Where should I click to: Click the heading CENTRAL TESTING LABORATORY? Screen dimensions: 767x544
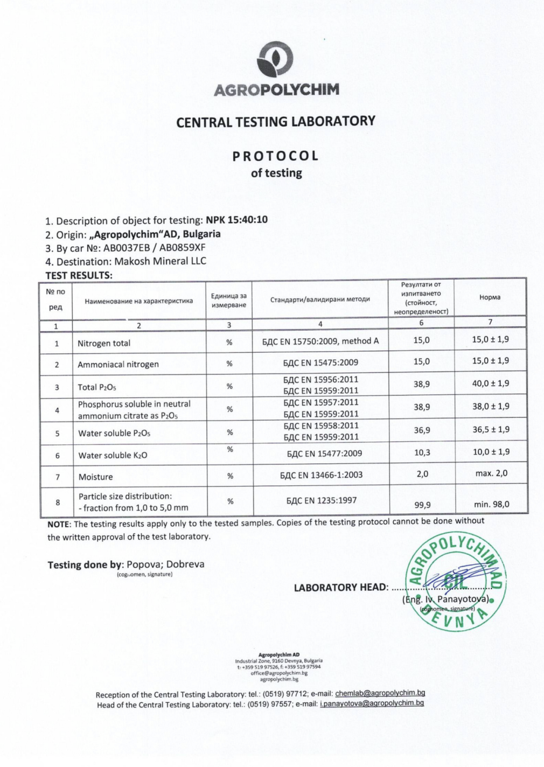(x=275, y=121)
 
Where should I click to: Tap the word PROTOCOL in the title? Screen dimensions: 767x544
(x=275, y=156)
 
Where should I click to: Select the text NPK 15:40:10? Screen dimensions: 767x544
(x=236, y=220)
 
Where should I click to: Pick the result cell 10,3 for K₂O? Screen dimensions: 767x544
(x=422, y=452)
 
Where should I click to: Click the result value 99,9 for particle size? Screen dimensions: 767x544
(x=422, y=505)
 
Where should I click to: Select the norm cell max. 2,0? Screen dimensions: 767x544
(x=490, y=473)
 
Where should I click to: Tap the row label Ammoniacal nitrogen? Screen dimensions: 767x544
(x=118, y=364)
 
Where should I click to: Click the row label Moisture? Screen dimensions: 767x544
(x=95, y=477)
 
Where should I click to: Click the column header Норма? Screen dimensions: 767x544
(x=490, y=297)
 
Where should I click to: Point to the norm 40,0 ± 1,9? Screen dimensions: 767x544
(x=490, y=383)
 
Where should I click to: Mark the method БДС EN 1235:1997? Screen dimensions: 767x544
(x=320, y=500)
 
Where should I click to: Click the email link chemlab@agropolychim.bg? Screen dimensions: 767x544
(x=380, y=694)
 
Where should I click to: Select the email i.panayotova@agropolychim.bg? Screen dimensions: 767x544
(x=372, y=703)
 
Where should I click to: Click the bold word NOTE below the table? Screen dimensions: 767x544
(x=58, y=524)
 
